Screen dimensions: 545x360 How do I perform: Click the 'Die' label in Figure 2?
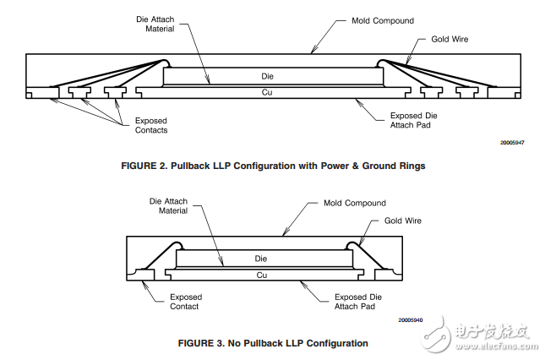point(267,76)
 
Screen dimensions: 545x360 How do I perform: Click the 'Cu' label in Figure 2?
point(267,92)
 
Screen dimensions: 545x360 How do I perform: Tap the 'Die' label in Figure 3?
point(261,259)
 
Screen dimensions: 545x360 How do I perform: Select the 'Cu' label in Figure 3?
point(262,275)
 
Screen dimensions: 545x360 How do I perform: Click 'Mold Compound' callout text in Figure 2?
point(383,21)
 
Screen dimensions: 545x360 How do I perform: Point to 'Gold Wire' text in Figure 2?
point(450,39)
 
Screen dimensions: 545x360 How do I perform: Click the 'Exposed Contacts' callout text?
point(151,125)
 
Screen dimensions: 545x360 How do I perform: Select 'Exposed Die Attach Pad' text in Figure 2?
point(414,120)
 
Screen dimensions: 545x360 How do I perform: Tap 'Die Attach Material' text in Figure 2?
point(155,24)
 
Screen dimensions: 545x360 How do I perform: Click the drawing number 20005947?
point(512,143)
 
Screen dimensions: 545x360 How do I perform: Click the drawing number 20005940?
point(411,320)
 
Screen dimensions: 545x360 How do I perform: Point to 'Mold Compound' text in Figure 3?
point(355,203)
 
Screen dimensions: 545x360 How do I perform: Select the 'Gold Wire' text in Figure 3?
point(402,221)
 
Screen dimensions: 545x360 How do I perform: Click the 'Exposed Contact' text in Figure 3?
point(186,302)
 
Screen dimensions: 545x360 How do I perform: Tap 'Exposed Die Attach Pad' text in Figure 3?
point(358,302)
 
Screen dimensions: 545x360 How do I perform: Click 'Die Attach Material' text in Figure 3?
point(168,206)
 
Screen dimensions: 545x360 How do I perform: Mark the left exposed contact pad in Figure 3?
point(143,275)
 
